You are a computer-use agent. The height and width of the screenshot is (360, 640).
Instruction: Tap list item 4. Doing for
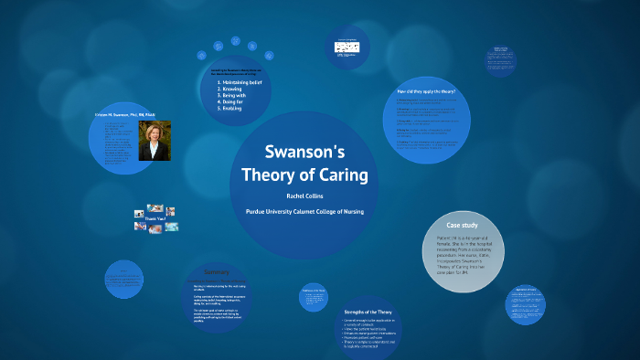point(233,102)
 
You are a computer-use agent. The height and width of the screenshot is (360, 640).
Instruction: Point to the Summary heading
point(216,272)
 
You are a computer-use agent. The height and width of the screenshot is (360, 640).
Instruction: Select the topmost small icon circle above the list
point(235,40)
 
